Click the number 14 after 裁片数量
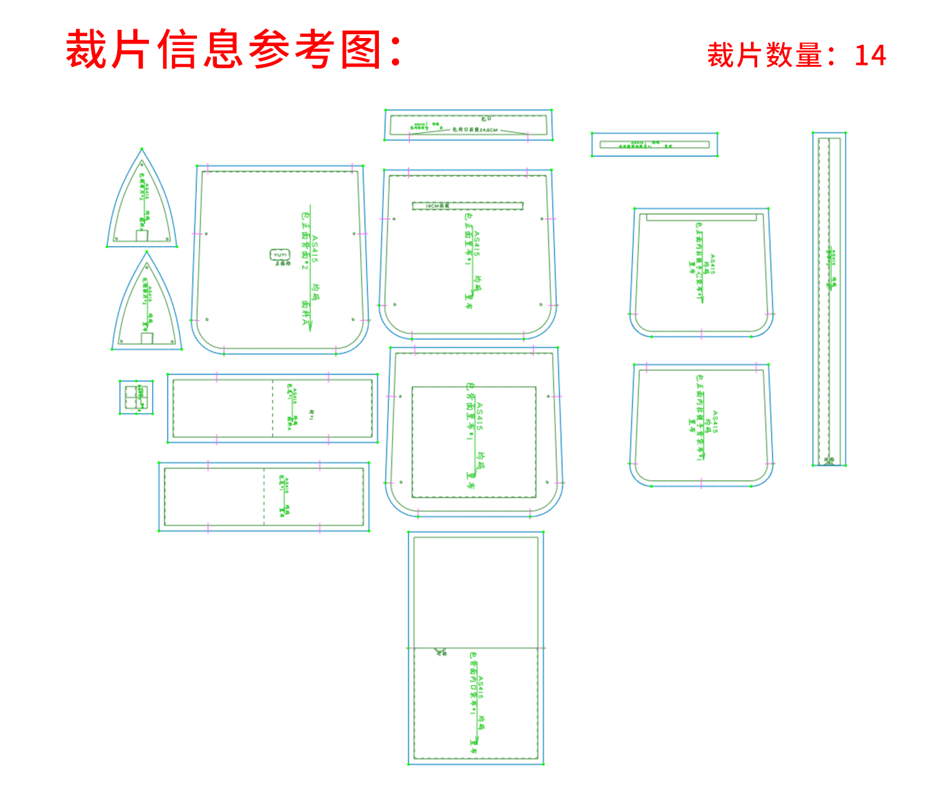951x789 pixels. coord(870,55)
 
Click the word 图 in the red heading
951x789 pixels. coord(361,50)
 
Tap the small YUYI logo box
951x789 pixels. coord(280,255)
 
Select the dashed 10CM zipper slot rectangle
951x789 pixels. coord(467,206)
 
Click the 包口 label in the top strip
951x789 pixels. coord(486,118)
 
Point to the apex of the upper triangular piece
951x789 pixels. coord(142,150)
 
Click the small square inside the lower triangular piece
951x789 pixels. coord(147,338)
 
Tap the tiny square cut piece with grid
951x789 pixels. coord(136,397)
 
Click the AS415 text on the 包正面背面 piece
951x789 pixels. coord(315,249)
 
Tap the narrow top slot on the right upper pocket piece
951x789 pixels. coord(701,218)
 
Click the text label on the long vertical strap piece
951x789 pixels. coord(831,268)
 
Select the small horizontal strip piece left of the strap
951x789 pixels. coord(654,145)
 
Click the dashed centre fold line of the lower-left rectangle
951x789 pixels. coord(264,497)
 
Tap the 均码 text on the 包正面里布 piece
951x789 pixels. coord(478,284)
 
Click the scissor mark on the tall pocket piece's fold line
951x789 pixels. coord(441,652)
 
